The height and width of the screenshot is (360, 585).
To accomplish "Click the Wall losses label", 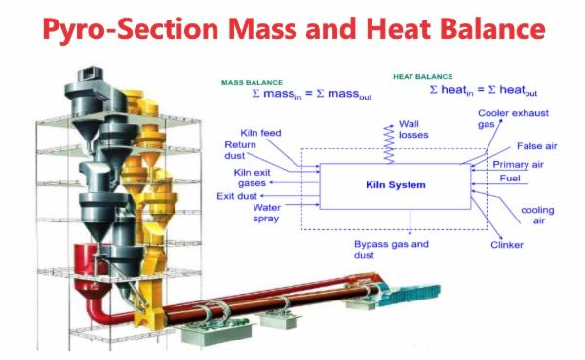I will pyautogui.click(x=409, y=130).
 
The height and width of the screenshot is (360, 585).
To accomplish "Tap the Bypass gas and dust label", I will pyautogui.click(x=392, y=247).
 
